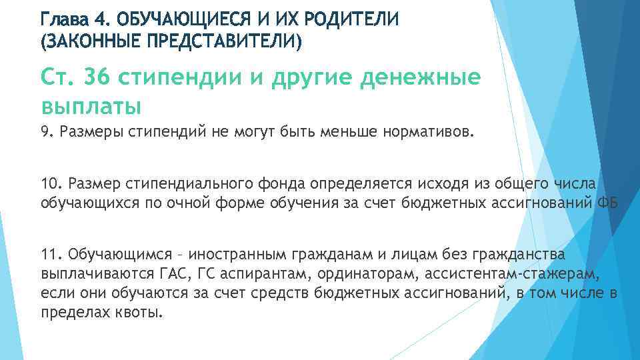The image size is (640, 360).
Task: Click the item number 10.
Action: click(x=50, y=185)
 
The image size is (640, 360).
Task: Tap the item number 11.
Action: click(x=50, y=255)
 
